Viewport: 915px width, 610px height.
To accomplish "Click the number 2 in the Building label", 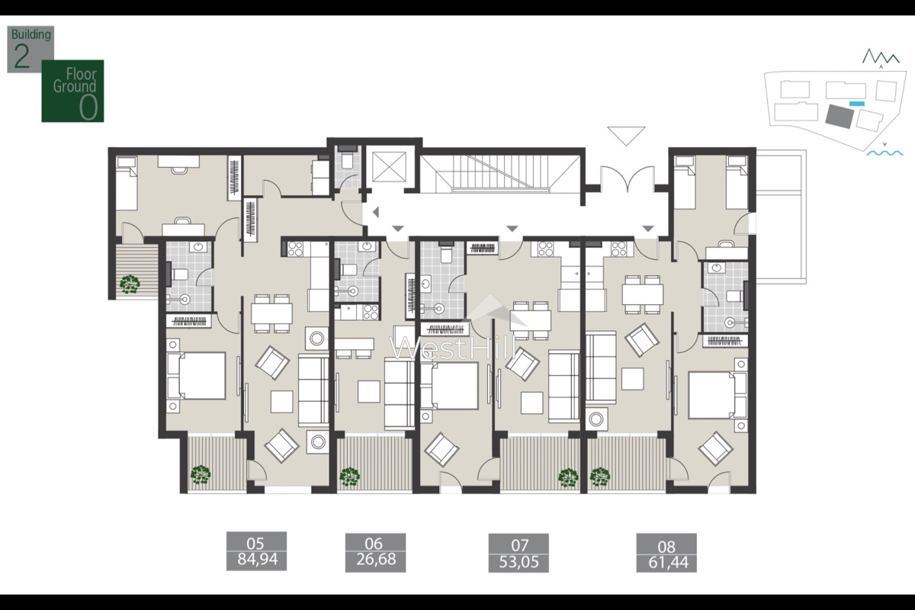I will click(21, 58).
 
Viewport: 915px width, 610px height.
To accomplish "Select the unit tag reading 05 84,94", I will click(256, 553).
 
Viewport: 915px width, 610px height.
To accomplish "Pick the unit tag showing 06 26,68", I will click(374, 553).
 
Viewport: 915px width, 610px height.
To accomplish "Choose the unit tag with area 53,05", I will click(518, 553).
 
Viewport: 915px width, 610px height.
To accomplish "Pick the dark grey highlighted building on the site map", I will click(840, 116).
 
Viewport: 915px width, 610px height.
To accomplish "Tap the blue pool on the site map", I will click(857, 103).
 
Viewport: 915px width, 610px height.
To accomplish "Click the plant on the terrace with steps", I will click(130, 283).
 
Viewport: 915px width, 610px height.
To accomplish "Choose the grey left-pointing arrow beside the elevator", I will click(374, 213).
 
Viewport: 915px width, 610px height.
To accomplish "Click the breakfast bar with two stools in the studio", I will click(354, 345).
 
